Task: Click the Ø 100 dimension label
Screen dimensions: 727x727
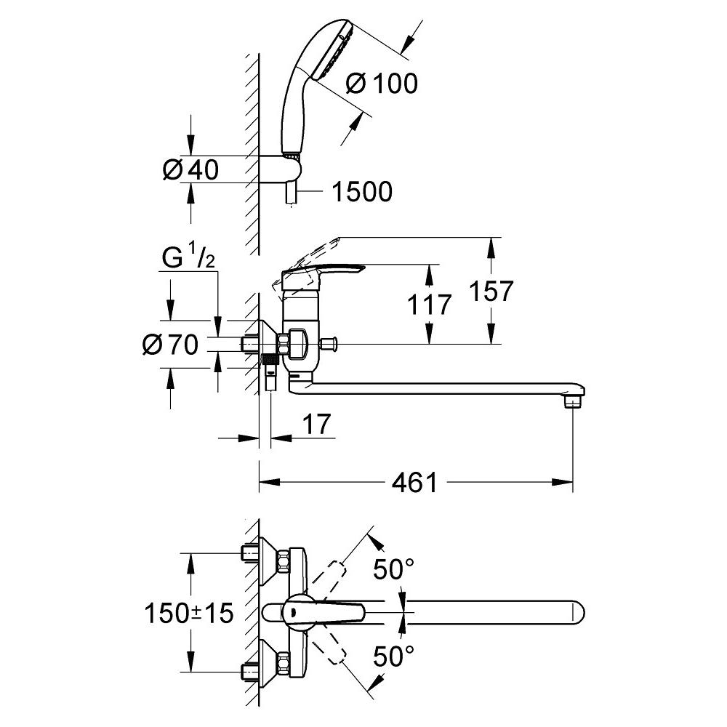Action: (x=381, y=84)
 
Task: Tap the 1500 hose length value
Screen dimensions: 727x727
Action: (x=361, y=192)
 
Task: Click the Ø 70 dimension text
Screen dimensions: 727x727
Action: (x=170, y=345)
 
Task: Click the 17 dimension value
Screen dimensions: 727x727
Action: (x=318, y=424)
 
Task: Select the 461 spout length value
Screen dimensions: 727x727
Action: (x=414, y=482)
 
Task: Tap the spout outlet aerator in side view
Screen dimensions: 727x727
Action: (x=574, y=401)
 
